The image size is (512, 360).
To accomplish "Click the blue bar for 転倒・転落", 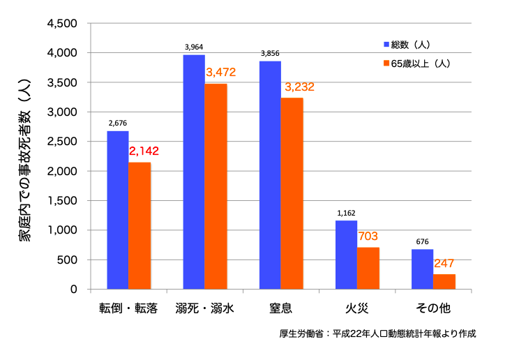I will click(118, 209).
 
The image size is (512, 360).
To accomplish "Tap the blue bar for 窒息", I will click(270, 174).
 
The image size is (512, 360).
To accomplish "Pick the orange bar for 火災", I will click(368, 268).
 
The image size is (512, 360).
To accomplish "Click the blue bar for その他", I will click(422, 269).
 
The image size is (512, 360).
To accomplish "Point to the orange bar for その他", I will click(444, 281).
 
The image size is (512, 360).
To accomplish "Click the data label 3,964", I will click(195, 47).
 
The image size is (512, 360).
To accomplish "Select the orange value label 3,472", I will click(220, 72).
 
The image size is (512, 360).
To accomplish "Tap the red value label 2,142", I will click(144, 151).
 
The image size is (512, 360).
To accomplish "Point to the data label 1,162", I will click(347, 213).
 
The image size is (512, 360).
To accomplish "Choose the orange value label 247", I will click(444, 264).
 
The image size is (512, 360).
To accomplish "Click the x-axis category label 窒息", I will click(281, 308).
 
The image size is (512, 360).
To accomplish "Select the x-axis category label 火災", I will click(357, 308).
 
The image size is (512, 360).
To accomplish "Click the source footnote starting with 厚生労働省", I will click(377, 334).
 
